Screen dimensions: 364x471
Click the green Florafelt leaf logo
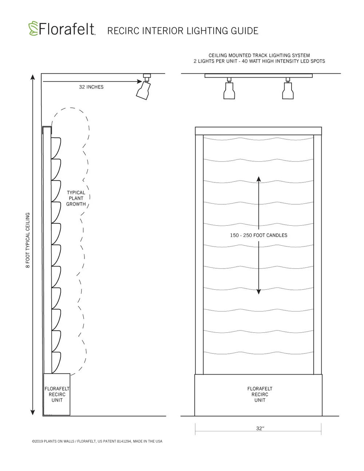click(33, 28)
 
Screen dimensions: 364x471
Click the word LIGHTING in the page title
click(207, 31)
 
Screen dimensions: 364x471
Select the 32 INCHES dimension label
click(91, 87)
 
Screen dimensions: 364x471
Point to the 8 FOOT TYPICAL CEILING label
click(28, 240)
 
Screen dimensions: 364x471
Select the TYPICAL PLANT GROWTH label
click(76, 198)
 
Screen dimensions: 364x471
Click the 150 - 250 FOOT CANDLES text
click(258, 235)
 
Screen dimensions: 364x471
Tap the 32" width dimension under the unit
click(260, 428)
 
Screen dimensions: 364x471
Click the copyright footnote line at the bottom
click(97, 441)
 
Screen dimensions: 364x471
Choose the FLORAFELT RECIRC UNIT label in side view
click(57, 394)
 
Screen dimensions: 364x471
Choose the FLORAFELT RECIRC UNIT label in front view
click(260, 394)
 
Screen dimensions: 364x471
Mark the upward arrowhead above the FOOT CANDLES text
click(258, 179)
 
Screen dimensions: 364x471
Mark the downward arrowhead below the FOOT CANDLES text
click(258, 292)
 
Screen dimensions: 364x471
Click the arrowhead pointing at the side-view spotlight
click(139, 82)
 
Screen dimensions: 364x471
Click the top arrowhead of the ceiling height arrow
click(33, 77)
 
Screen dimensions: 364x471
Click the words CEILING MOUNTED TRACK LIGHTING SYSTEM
click(259, 55)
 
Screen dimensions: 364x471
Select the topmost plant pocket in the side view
click(56, 148)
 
